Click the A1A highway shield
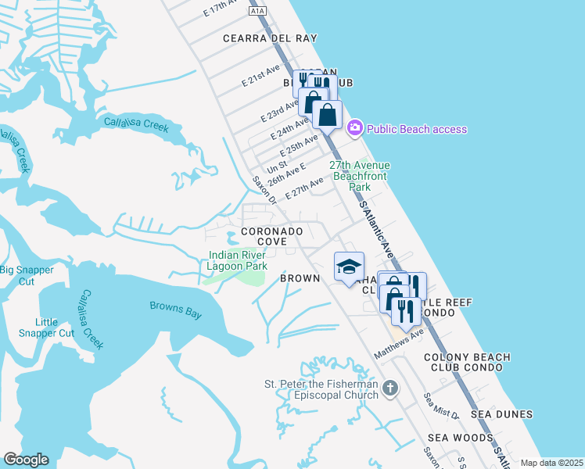[258, 11]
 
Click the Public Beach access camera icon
[354, 127]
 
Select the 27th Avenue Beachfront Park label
[359, 177]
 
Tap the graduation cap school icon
[349, 267]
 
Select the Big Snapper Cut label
[27, 275]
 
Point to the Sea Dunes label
[501, 414]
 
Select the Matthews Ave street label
[399, 343]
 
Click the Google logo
[26, 460]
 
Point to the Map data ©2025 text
[551, 463]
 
